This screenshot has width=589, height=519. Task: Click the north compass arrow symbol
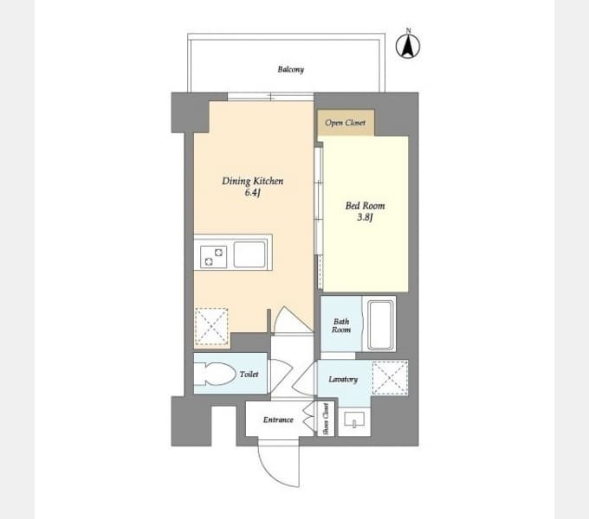click(x=408, y=47)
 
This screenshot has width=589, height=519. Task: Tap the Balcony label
click(x=291, y=69)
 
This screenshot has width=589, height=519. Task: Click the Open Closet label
click(x=346, y=123)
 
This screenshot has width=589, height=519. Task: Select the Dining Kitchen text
click(x=252, y=181)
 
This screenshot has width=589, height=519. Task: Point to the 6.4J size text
click(x=252, y=193)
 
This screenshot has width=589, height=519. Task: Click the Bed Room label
click(x=365, y=206)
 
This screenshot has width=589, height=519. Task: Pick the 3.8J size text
click(x=365, y=217)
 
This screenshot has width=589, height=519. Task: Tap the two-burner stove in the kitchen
click(x=213, y=257)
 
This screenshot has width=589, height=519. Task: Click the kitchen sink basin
click(x=249, y=254)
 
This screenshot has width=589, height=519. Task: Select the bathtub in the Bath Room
click(x=381, y=324)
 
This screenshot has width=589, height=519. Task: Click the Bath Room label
click(x=341, y=325)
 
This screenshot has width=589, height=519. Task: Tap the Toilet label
click(x=249, y=375)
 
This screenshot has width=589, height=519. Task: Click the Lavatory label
click(x=343, y=379)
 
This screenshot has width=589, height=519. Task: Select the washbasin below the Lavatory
click(x=354, y=420)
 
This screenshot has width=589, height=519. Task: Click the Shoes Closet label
click(x=326, y=419)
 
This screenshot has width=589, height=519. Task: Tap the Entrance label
click(x=278, y=420)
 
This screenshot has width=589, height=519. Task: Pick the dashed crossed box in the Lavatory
click(x=390, y=378)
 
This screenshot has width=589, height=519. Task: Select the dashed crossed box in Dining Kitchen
click(x=211, y=326)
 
